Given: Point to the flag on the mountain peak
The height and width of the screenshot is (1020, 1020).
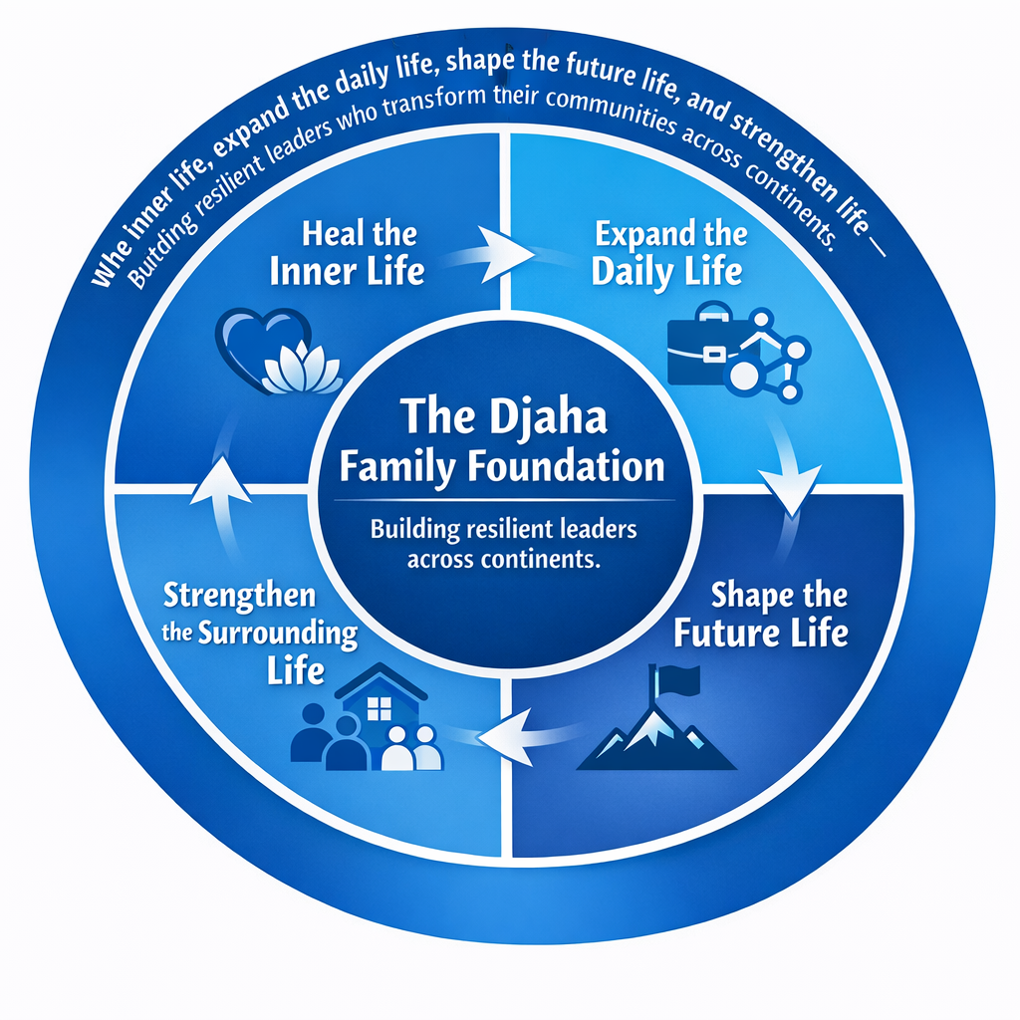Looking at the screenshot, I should (x=674, y=681).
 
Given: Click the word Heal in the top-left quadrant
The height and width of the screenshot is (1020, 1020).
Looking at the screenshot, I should (x=325, y=235).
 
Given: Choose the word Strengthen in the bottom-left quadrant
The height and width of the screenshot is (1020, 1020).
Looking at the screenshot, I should (x=239, y=597).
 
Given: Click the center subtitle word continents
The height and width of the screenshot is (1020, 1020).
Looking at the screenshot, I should (x=542, y=559).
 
